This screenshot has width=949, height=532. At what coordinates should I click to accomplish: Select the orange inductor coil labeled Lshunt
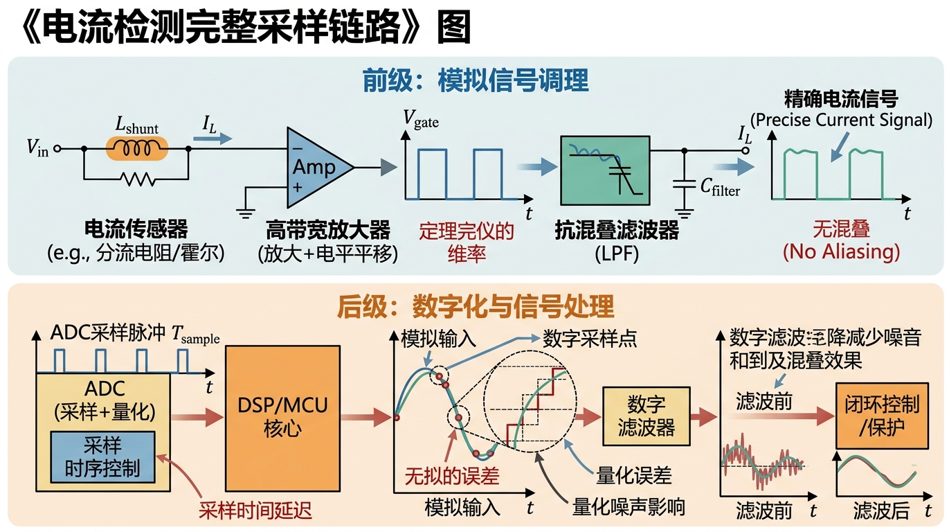coord(137,148)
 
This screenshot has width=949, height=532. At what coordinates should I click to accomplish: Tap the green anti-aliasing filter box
coord(605,170)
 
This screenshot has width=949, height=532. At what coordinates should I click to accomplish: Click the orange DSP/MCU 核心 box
coord(282,418)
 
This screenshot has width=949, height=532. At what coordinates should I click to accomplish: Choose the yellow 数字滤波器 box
coord(646,416)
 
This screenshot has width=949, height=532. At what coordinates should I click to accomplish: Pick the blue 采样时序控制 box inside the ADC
coord(102,457)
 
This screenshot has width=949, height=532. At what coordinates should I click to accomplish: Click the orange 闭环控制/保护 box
coord(882,416)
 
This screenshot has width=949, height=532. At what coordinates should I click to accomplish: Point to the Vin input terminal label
coord(37,148)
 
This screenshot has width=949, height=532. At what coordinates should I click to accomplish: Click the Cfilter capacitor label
coord(720,187)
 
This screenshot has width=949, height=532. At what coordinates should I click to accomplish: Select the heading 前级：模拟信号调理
coord(475,80)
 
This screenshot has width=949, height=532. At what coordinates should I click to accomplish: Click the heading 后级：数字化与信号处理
coord(476,306)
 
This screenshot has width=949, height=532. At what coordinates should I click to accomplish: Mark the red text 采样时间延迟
coord(255,510)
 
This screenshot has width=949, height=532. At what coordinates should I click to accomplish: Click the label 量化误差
coord(634,476)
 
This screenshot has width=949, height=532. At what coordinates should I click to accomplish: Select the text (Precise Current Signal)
coord(841,120)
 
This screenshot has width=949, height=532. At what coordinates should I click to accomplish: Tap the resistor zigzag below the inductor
coord(138,179)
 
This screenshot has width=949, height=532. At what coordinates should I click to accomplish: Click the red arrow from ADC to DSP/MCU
coord(197,418)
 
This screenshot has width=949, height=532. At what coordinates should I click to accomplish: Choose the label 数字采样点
coord(590,339)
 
